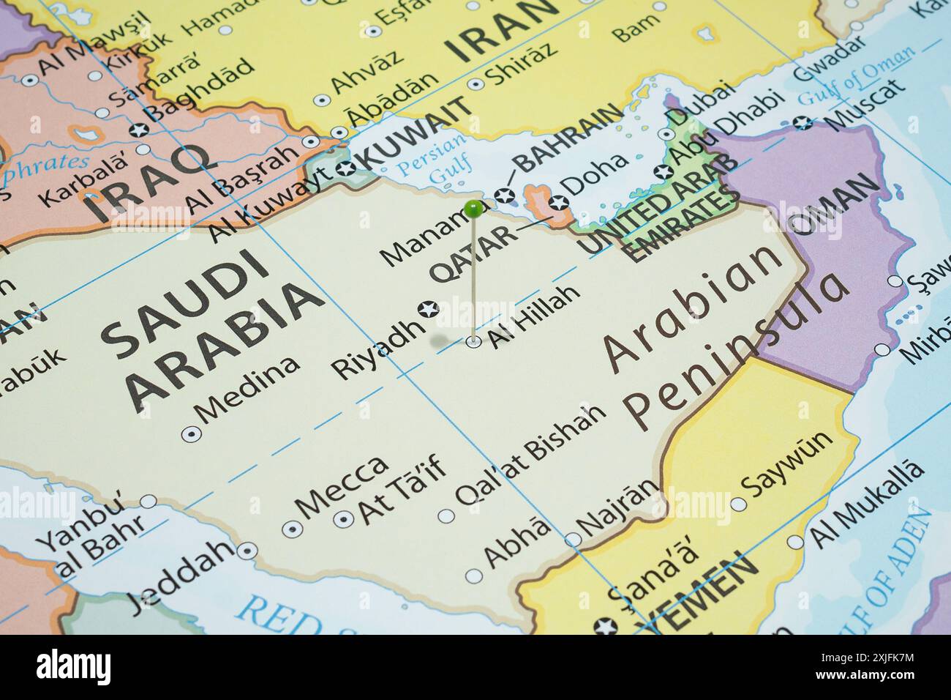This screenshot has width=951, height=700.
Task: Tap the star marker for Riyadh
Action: pos(428,309)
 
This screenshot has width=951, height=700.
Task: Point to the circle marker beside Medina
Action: pos(191,433)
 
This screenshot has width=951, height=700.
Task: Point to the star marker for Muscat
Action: pos(804,122)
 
